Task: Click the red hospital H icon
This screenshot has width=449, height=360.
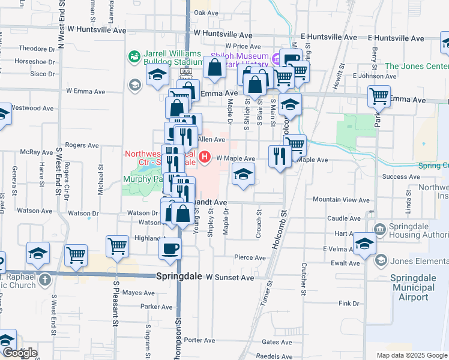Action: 205,158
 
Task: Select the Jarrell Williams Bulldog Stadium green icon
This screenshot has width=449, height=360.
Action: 133,57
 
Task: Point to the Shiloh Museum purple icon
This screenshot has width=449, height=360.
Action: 276,58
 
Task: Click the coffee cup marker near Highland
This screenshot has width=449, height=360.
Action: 170,248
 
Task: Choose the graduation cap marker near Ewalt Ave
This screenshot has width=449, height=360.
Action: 364,243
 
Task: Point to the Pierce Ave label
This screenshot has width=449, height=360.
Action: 250,258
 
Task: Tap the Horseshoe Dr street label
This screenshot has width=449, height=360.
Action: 35,61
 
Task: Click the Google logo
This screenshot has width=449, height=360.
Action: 19,353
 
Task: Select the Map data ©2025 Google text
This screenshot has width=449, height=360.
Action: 412,355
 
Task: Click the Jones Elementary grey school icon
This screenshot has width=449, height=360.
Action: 381,260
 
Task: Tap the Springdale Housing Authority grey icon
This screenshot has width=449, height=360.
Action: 379,229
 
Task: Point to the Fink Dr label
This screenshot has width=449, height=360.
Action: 349,304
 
